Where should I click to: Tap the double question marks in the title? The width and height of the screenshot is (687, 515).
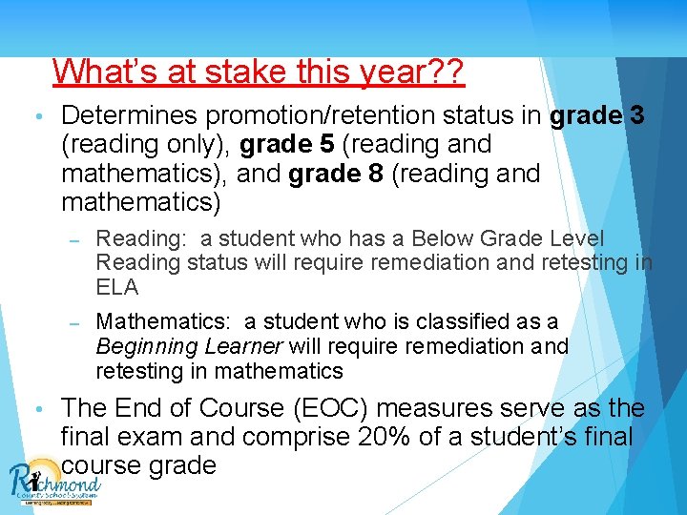pyautogui.click(x=445, y=72)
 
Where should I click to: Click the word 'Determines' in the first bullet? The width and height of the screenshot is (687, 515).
pyautogui.click(x=130, y=116)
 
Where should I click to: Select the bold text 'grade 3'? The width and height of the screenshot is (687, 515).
pyautogui.click(x=597, y=116)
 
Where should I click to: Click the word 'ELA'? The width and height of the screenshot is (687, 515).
pyautogui.click(x=117, y=287)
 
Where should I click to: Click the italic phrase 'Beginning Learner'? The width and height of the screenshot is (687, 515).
pyautogui.click(x=189, y=346)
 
